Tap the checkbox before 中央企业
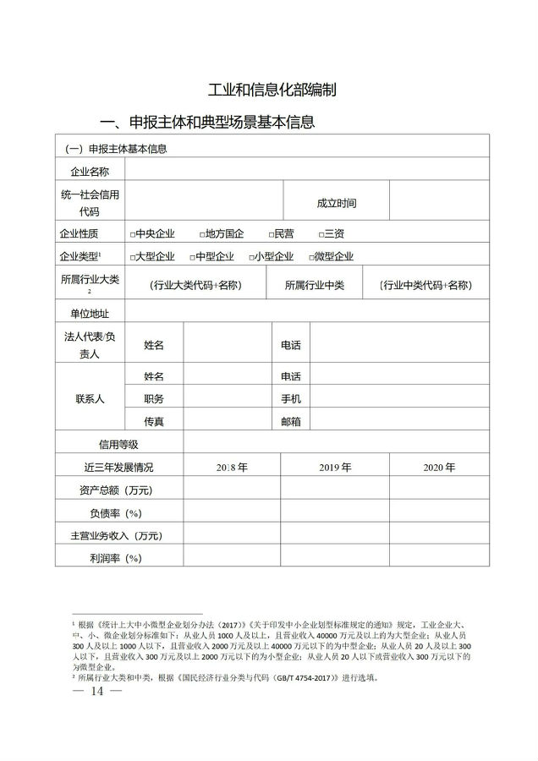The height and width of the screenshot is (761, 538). [x=133, y=234]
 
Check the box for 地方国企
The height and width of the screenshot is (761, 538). [x=203, y=234]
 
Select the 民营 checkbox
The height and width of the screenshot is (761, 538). [x=272, y=234]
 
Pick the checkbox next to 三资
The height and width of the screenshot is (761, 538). [x=321, y=234]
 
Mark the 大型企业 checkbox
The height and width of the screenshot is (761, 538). [x=133, y=257]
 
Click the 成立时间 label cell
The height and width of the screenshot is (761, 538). [x=336, y=204]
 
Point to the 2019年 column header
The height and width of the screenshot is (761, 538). [x=335, y=467]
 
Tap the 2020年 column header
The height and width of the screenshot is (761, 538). [x=439, y=467]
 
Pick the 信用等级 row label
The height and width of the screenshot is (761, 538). [x=118, y=444]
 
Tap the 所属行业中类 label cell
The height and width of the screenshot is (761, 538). [x=314, y=285]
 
